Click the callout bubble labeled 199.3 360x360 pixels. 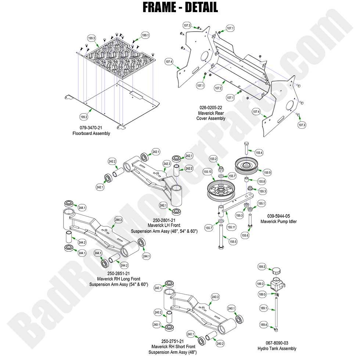91,38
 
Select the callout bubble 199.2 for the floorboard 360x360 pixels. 84,117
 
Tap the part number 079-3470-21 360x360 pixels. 91,128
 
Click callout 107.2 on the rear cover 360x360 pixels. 218,89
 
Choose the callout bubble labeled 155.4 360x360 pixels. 259,152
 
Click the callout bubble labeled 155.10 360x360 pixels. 207,172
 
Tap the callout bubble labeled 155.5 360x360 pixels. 233,242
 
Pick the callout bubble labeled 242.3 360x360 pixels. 167,163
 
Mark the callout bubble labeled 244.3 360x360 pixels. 118,220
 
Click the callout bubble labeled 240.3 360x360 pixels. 215,297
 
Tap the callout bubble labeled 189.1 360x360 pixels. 263,309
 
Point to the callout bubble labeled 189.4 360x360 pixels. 263,325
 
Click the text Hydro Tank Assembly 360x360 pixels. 277,348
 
